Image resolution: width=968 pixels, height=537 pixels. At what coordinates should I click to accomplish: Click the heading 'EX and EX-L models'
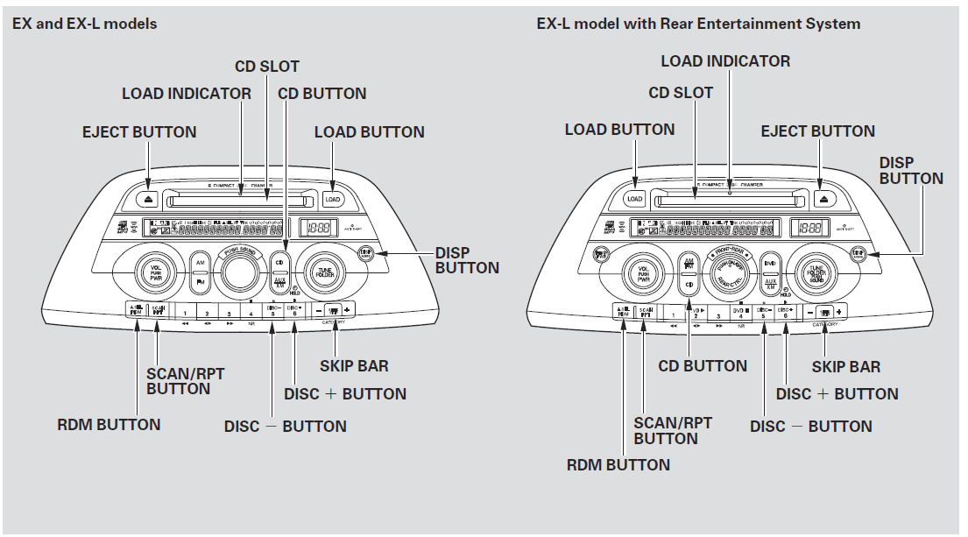pyautogui.click(x=84, y=24)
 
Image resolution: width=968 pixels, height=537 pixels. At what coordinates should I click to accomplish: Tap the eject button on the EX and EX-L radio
pyautogui.click(x=149, y=199)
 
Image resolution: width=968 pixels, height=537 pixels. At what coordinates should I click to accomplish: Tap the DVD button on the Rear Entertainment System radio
pyautogui.click(x=770, y=263)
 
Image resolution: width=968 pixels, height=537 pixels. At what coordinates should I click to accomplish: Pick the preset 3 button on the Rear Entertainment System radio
pyautogui.click(x=717, y=311)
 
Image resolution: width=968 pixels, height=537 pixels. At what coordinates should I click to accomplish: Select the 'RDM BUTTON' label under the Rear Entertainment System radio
pyautogui.click(x=618, y=463)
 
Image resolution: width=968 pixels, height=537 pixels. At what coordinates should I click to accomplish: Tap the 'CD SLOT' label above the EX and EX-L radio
pyautogui.click(x=266, y=67)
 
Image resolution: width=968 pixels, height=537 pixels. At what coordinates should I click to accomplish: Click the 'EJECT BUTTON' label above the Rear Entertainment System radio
pyautogui.click(x=817, y=131)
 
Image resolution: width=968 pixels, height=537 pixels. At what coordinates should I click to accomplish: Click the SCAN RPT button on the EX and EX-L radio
pyautogui.click(x=159, y=309)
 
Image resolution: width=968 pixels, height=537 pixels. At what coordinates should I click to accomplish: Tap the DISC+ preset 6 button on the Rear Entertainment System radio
pyautogui.click(x=785, y=311)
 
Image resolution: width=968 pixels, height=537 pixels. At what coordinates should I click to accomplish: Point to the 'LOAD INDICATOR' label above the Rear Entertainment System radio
pyautogui.click(x=724, y=61)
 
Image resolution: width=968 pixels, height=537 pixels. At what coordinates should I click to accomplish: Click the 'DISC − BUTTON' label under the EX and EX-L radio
pyautogui.click(x=285, y=427)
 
